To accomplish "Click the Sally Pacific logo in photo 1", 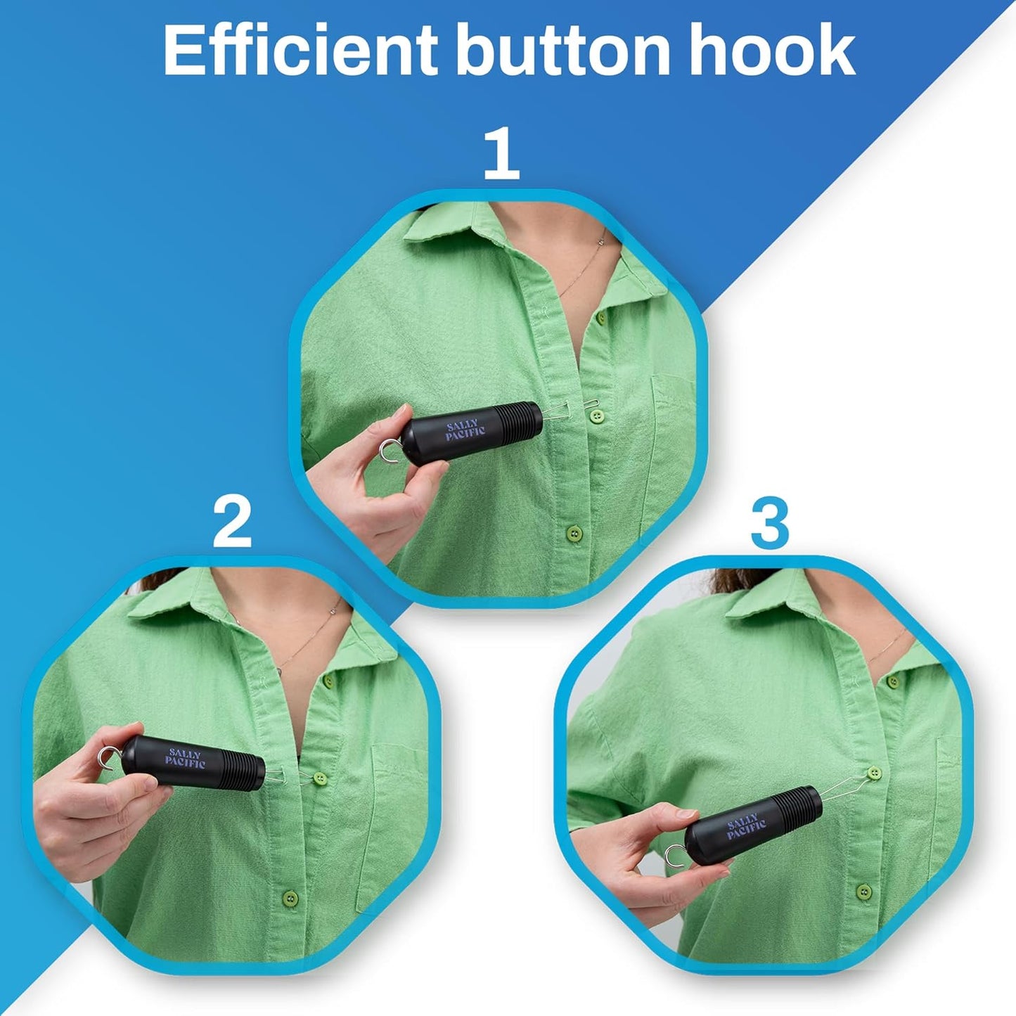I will pyautogui.click(x=465, y=430).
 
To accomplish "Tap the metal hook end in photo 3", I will pyautogui.click(x=676, y=856).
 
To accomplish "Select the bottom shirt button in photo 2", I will pyautogui.click(x=289, y=897).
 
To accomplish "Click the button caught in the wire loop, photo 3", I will pyautogui.click(x=873, y=773).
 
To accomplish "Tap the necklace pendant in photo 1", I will pyautogui.click(x=603, y=240).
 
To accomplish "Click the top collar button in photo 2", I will pyautogui.click(x=328, y=681).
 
